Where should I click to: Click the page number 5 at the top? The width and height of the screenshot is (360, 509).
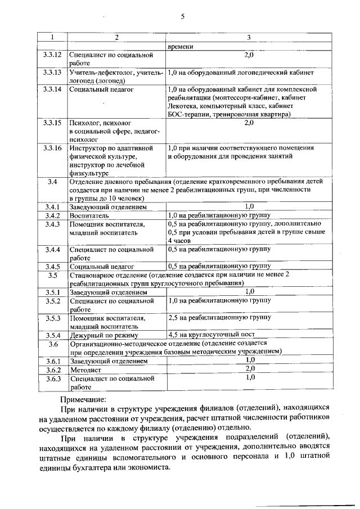(183, 16)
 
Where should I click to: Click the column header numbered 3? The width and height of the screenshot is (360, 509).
(249, 38)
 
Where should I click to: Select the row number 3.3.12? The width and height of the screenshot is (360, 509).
(52, 55)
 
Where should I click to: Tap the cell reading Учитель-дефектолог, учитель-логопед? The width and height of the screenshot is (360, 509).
(116, 76)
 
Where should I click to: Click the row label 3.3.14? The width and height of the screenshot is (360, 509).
(52, 89)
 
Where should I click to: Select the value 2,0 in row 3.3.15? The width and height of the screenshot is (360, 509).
(249, 122)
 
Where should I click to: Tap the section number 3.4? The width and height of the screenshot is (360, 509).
(52, 182)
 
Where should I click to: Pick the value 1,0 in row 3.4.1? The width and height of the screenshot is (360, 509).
(249, 207)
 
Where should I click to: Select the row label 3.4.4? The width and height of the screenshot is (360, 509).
(52, 249)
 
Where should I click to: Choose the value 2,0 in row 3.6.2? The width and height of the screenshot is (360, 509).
(249, 369)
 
